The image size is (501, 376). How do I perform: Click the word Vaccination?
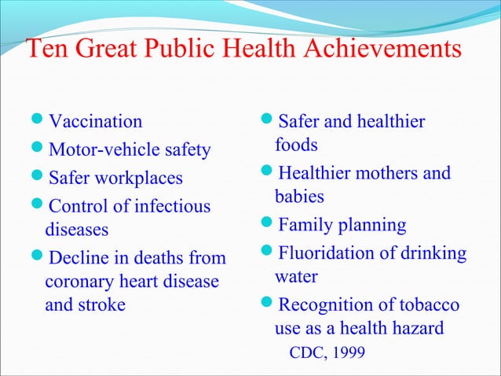[96, 122]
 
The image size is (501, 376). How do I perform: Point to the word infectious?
[174, 207]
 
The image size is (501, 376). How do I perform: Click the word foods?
[296, 146]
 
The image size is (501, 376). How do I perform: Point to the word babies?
[299, 197]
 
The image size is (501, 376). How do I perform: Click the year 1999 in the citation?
[348, 352]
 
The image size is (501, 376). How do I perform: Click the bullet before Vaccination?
[38, 122]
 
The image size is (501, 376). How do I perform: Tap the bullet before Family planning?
[268, 226]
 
